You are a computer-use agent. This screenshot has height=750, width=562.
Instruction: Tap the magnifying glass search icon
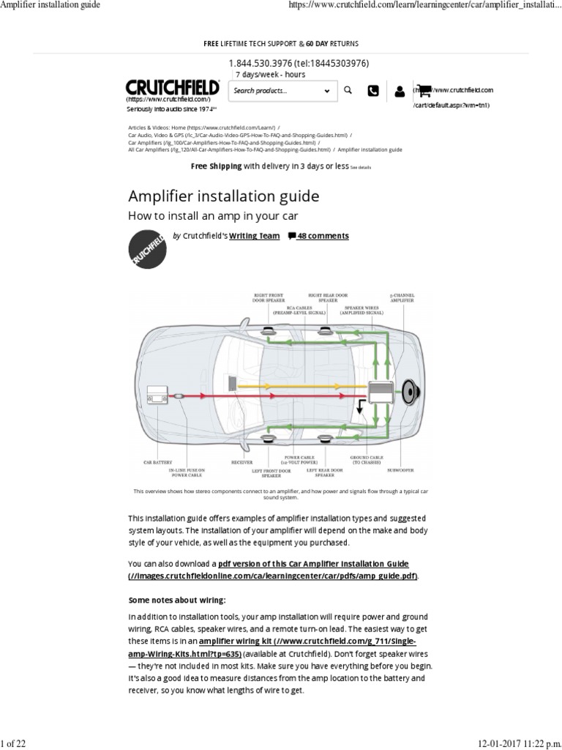[348, 90]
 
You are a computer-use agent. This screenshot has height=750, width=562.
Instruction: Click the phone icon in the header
[373, 91]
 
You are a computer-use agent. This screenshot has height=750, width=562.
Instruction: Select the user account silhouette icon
[399, 92]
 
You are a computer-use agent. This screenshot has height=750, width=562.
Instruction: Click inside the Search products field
[274, 91]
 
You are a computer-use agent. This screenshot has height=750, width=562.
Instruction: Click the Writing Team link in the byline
[254, 236]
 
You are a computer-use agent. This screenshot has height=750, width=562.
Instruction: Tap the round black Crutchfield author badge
[147, 249]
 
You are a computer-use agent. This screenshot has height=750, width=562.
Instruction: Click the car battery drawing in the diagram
[157, 396]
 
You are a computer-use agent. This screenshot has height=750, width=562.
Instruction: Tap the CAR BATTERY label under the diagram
[157, 463]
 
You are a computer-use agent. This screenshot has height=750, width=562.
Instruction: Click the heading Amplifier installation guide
[224, 196]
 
